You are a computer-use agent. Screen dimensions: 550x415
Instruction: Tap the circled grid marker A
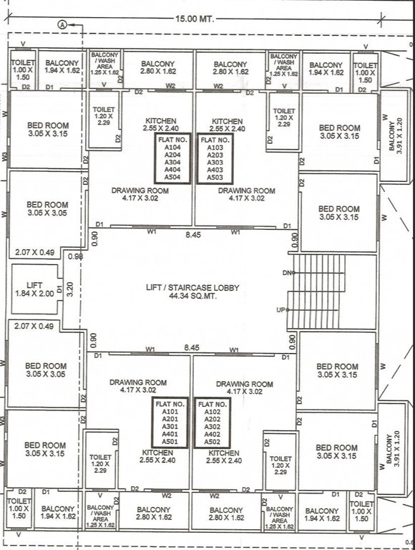click(62, 24)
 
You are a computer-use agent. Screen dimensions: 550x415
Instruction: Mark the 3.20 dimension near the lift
click(70, 289)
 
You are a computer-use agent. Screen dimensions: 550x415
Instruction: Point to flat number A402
click(213, 434)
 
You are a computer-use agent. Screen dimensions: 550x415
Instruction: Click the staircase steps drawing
click(318, 291)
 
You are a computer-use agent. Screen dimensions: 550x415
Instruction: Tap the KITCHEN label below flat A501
click(157, 453)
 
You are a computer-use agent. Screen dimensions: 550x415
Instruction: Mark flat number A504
click(172, 176)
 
